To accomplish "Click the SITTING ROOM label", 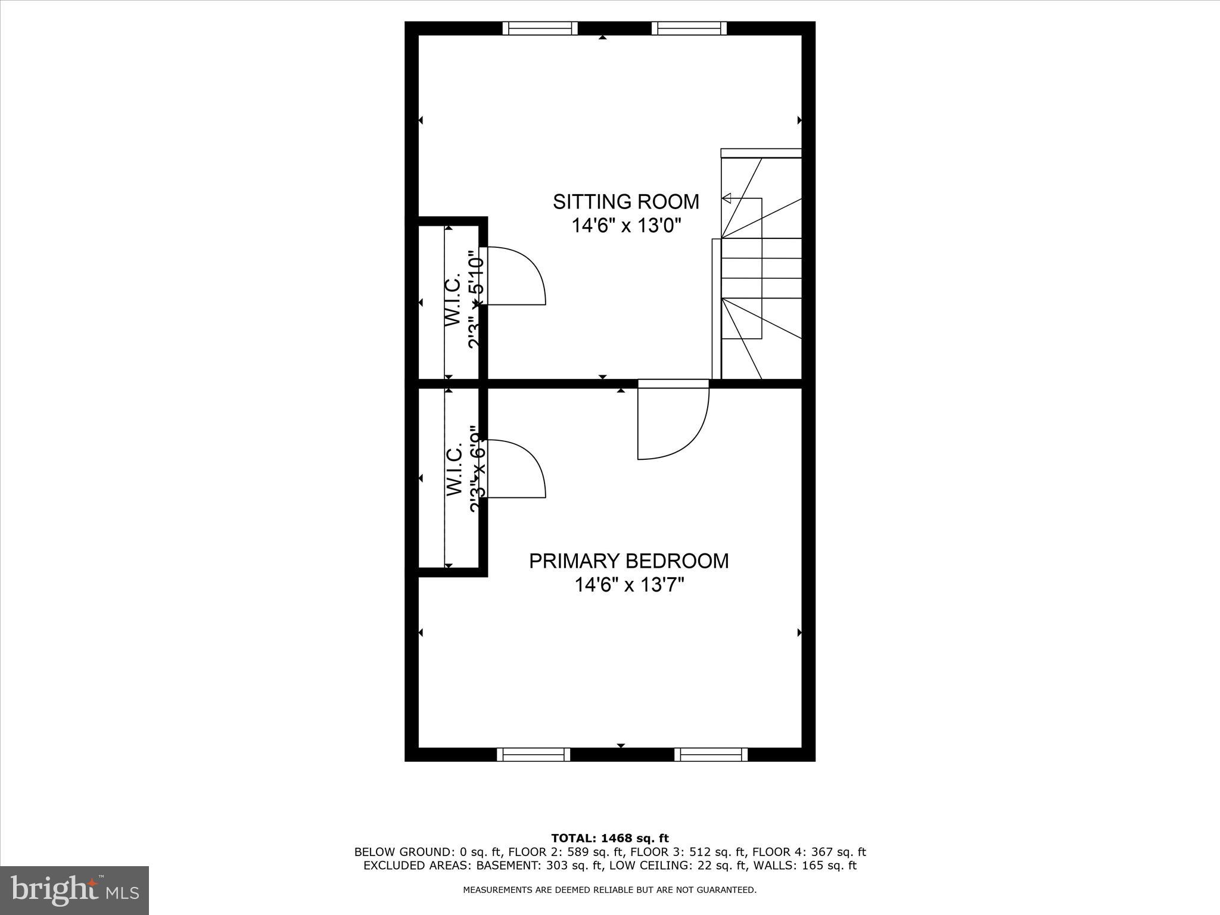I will pos(625,202).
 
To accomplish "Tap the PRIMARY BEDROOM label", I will pos(628,561).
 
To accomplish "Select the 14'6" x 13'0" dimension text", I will pos(625,226).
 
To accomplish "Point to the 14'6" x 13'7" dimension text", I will pos(628,585).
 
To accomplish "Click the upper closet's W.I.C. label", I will pos(453,300).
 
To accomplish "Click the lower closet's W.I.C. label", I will pos(455,469).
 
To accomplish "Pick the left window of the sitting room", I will pos(540,28).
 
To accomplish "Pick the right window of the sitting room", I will pos(689,28).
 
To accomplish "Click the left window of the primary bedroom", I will pos(533,755).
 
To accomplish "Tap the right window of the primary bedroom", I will pos(711,755).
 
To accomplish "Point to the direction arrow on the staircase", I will pos(727,198).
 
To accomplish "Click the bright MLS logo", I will pos(74,891).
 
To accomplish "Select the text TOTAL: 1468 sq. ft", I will pos(610,839).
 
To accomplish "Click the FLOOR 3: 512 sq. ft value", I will pos(689,852).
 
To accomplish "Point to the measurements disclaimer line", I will pos(610,890).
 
